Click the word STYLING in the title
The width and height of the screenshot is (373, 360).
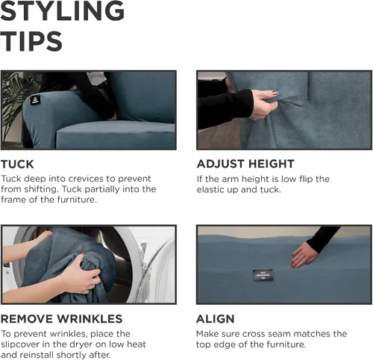(x=63, y=11)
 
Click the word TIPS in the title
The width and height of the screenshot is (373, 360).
(x=31, y=42)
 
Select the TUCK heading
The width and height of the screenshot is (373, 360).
(x=17, y=164)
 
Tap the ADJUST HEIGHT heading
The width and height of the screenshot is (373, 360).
(x=245, y=164)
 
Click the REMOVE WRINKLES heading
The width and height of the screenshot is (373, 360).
(x=61, y=319)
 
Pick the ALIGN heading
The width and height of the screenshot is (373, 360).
(x=216, y=319)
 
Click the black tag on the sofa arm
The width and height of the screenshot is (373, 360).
(x=35, y=100)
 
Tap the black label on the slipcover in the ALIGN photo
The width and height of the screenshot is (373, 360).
(x=263, y=275)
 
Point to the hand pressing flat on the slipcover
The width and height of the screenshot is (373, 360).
(x=304, y=255)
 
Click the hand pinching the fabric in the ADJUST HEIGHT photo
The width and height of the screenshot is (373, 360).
(x=264, y=104)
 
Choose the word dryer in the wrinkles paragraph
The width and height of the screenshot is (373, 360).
(x=84, y=344)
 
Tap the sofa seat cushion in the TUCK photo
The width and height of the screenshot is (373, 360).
(x=116, y=135)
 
